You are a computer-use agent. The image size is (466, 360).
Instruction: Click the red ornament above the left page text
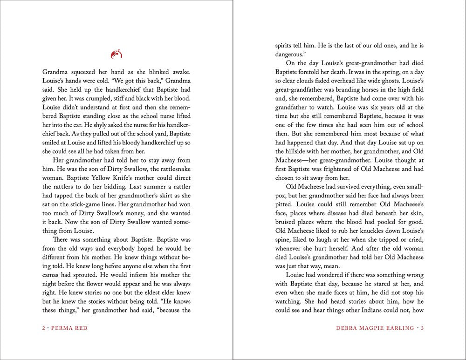116,54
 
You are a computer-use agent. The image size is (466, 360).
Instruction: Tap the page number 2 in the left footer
44,328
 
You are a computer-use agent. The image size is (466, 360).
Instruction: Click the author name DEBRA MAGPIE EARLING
375,328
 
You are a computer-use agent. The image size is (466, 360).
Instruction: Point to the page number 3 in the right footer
422,328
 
